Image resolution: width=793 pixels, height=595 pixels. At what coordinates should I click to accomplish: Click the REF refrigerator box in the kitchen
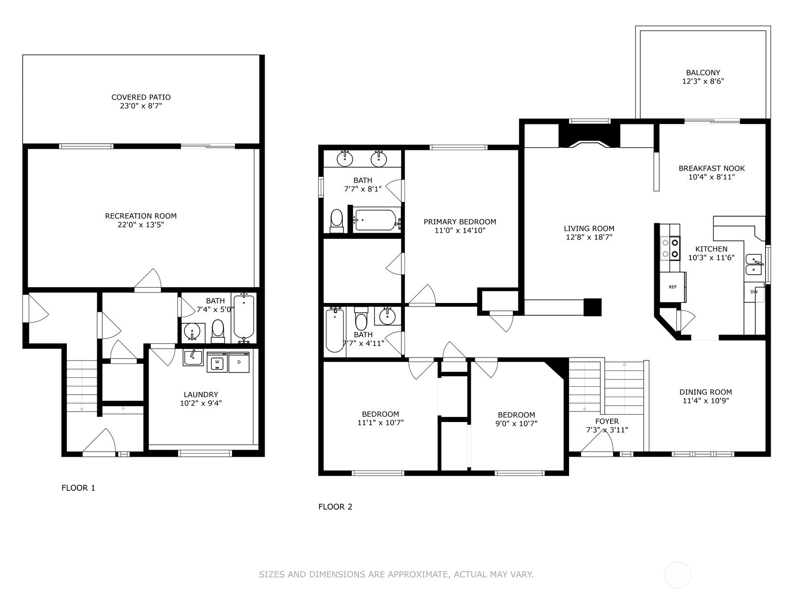[673, 287]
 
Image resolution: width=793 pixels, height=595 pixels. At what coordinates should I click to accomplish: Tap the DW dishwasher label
[754, 292]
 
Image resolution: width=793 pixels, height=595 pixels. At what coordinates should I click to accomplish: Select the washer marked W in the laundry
[217, 362]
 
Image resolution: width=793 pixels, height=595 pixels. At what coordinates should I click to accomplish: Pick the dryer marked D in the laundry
[239, 362]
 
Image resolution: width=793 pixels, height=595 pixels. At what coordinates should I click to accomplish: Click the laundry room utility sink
[193, 357]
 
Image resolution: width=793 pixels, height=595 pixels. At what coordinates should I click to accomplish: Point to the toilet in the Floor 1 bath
[218, 331]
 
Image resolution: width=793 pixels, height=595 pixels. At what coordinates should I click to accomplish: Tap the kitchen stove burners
[670, 248]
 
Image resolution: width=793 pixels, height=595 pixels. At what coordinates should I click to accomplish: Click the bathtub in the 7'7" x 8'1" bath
[376, 220]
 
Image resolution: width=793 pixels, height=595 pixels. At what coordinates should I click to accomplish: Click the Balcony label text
[703, 72]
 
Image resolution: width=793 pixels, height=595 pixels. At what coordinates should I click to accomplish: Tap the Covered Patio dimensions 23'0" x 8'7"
[141, 106]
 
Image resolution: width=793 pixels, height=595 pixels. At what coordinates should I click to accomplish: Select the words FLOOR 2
[335, 507]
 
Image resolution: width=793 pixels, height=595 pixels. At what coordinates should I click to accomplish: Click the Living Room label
[589, 229]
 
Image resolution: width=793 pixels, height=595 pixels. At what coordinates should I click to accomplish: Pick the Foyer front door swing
[597, 441]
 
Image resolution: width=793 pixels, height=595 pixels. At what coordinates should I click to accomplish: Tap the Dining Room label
[706, 392]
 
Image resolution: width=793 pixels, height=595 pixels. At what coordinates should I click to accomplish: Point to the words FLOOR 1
[78, 488]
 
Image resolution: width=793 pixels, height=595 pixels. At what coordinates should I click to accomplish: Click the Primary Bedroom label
[460, 222]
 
